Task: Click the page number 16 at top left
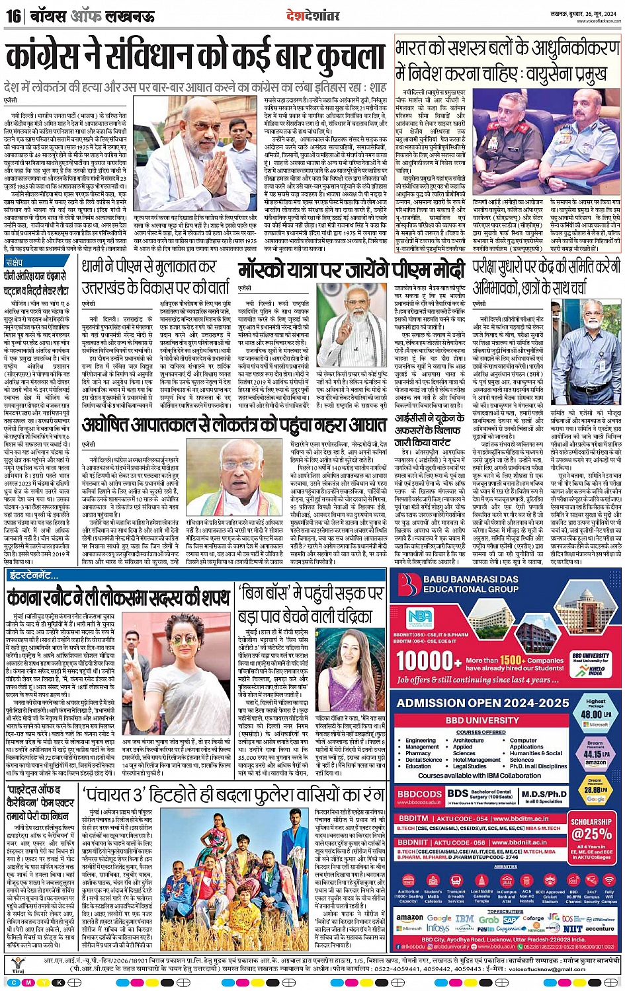(13, 16)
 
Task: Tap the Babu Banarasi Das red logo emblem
(411, 583)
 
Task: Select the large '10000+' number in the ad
(429, 661)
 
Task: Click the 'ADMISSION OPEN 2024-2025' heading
(483, 704)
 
